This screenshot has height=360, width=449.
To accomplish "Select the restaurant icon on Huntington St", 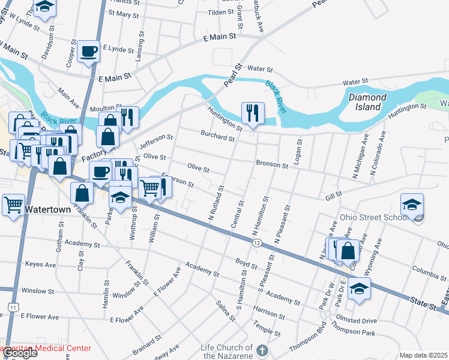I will click(x=253, y=113).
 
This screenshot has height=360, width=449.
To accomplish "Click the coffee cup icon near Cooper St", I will click(x=89, y=52).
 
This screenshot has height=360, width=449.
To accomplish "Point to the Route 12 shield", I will click(x=256, y=242).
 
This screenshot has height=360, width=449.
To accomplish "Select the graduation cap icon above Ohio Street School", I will click(x=412, y=205).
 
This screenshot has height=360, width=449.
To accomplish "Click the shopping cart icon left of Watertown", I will click(x=13, y=205).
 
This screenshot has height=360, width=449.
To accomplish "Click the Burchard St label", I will click(x=217, y=137).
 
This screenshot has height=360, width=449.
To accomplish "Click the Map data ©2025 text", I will click(x=423, y=355).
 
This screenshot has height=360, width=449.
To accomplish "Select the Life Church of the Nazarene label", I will click(x=228, y=352).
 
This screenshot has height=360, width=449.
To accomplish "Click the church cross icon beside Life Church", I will click(x=262, y=350).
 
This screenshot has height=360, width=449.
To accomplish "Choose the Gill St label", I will click(x=333, y=195).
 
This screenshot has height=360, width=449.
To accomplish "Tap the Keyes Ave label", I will click(x=40, y=265).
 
